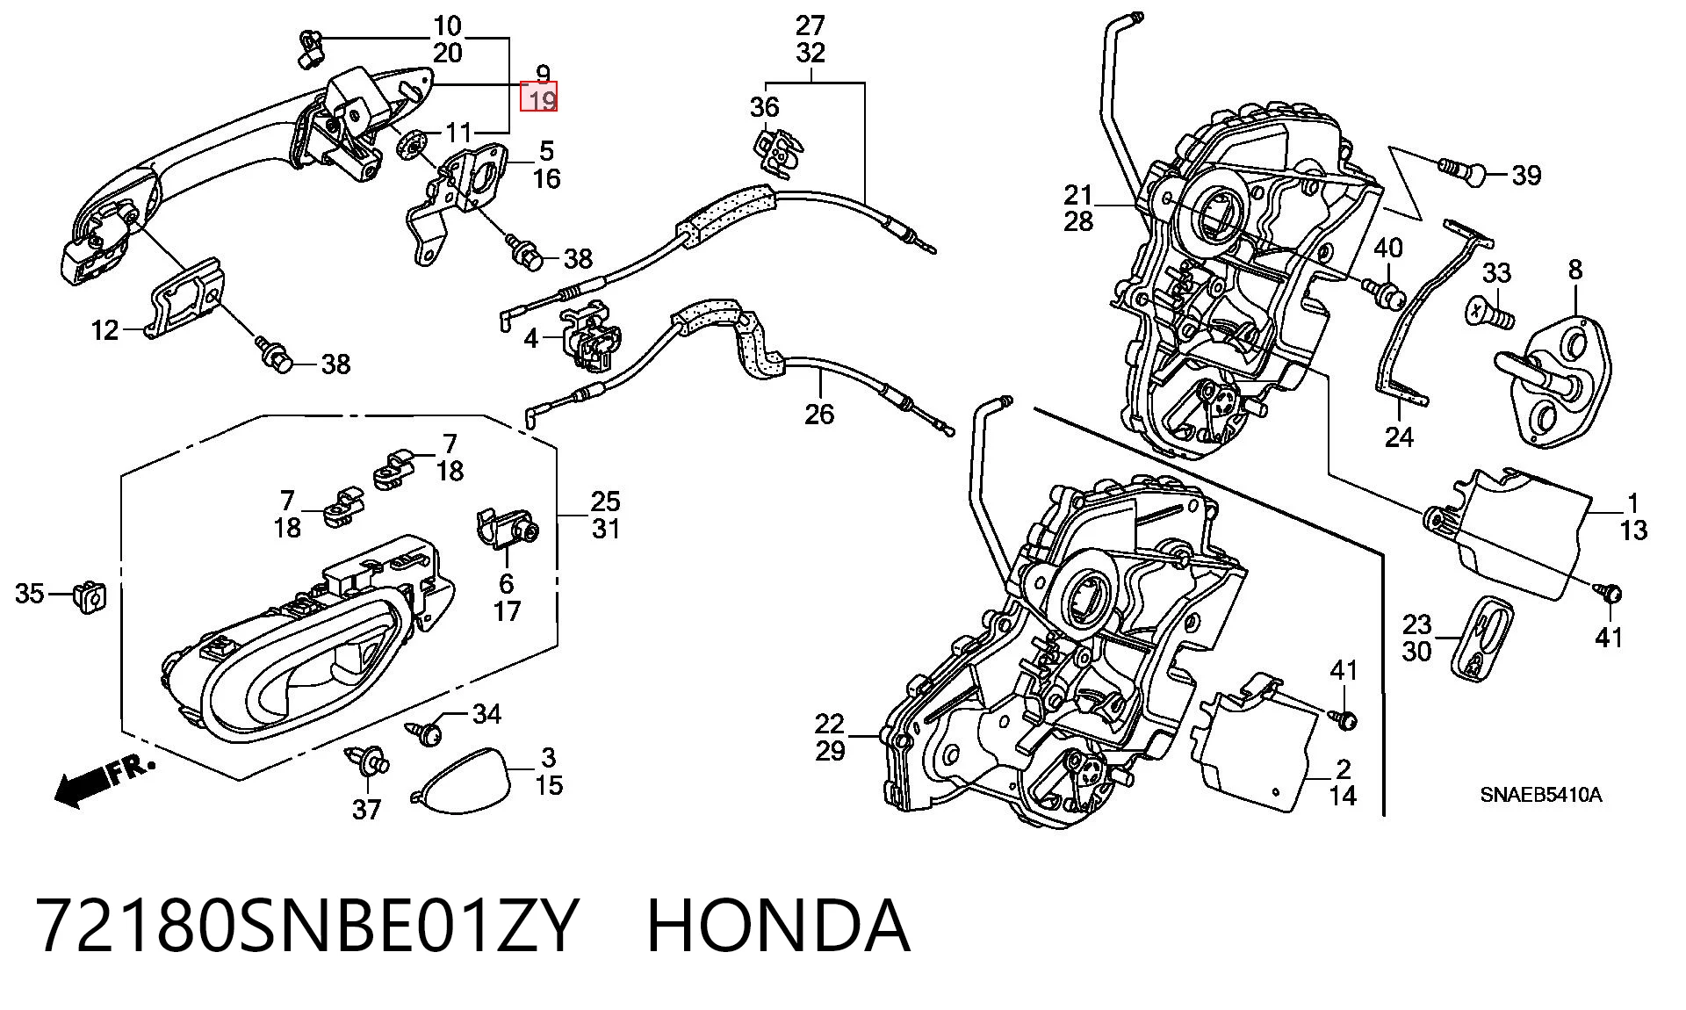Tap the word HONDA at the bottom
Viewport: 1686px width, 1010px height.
[778, 926]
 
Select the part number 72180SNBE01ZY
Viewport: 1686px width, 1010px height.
[306, 926]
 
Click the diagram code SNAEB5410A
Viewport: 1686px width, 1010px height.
[1541, 796]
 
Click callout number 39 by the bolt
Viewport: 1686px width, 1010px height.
[1526, 176]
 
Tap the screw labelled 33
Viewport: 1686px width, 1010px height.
[1489, 312]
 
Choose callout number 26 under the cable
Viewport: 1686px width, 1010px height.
[819, 414]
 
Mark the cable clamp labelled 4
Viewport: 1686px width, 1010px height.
[590, 335]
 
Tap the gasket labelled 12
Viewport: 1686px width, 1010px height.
[186, 299]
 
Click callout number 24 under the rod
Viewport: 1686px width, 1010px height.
[1399, 436]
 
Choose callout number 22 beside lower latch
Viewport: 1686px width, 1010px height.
[829, 724]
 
